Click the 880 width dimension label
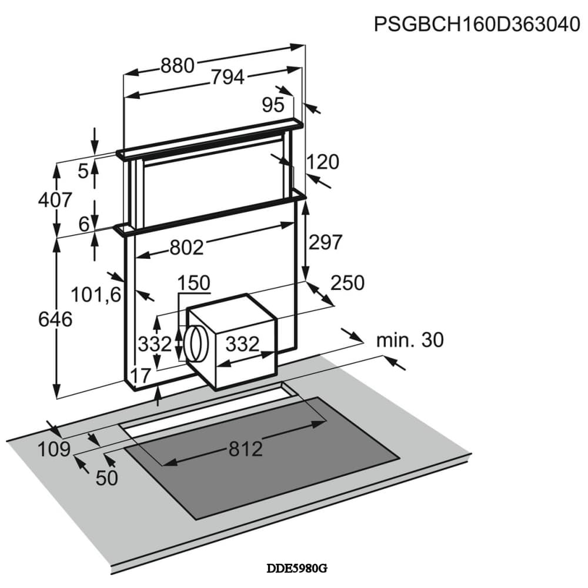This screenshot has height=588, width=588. point(177,66)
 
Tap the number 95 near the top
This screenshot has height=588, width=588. point(273,105)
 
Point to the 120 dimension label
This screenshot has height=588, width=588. point(323,162)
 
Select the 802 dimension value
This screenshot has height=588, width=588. point(186,248)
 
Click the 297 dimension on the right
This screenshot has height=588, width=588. point(325,242)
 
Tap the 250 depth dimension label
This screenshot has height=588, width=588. point(347,283)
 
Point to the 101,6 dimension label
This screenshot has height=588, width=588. point(95,293)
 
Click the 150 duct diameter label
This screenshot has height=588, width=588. point(194,283)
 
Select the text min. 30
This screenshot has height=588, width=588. point(410,339)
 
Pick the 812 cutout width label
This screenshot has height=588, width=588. point(245,449)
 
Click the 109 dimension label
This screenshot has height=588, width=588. point(54,450)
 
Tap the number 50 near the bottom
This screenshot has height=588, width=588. point(106,478)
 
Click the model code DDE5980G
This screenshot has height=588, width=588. point(296,569)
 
